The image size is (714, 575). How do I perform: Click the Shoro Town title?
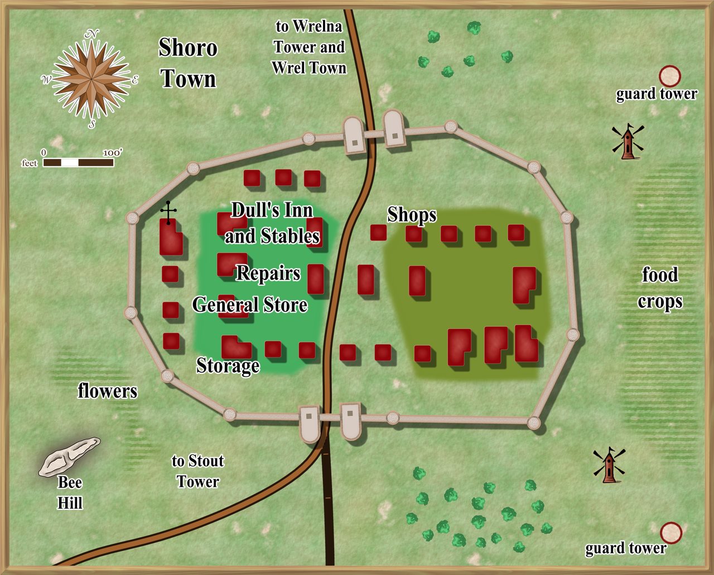[188, 63]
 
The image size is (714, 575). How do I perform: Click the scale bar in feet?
[78, 162]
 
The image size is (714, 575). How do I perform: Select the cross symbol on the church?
[168, 211]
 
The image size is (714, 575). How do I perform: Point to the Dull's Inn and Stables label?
[272, 223]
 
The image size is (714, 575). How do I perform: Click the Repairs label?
[268, 273]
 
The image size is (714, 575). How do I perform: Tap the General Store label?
[250, 305]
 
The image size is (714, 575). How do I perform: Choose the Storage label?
[228, 365]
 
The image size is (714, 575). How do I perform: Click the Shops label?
[412, 215]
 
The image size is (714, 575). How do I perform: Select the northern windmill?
[628, 142]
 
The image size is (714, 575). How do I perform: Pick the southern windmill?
[609, 465]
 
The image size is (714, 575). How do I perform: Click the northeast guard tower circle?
[670, 76]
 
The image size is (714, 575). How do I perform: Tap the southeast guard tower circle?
[671, 533]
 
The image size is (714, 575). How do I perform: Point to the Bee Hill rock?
[70, 456]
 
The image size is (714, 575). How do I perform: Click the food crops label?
[660, 288]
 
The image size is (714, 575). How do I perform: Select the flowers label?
[107, 391]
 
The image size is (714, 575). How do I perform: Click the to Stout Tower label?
[197, 471]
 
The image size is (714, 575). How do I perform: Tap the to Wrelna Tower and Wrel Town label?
[309, 47]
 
